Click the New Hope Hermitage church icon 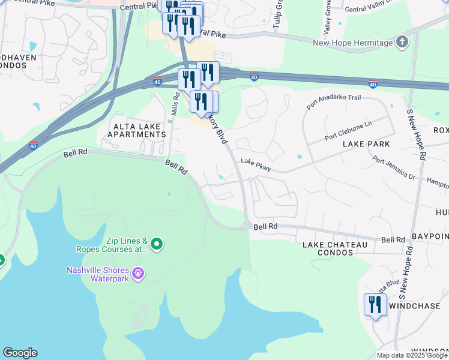point(402,42)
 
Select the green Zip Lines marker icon point(157,243)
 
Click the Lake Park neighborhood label point(366,145)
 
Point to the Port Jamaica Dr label point(394,169)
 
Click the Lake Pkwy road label point(256,165)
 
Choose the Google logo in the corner point(20,353)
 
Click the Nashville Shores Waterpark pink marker point(138,273)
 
